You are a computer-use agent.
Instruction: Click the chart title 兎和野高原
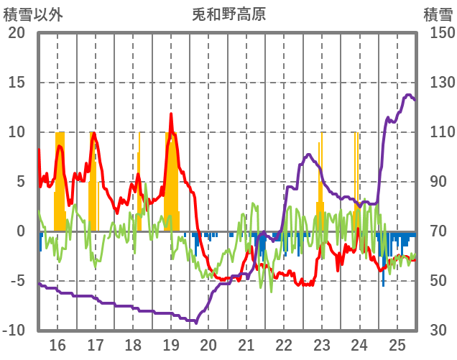pos(228,14)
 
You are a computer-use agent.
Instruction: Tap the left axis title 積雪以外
pos(33,14)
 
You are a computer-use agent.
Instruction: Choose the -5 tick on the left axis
pos(17,281)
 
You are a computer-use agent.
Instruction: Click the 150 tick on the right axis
pos(438,33)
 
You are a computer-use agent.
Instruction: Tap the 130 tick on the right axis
pos(438,83)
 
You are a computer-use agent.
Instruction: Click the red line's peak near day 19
pos(171,114)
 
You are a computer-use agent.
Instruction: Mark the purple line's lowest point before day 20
pos(195,322)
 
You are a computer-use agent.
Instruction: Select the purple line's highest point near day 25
pos(409,95)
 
